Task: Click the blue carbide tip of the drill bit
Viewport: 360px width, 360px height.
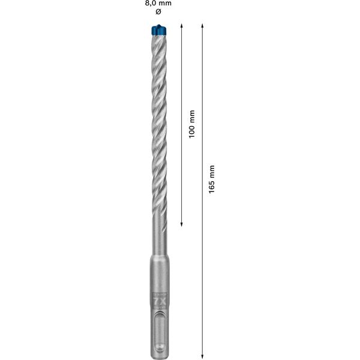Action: [x=158, y=28]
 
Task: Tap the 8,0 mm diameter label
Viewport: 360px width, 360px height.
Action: [x=158, y=4]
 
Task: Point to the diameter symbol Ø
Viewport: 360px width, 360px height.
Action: [x=158, y=12]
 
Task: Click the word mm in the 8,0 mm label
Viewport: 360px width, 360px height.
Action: [x=166, y=4]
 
